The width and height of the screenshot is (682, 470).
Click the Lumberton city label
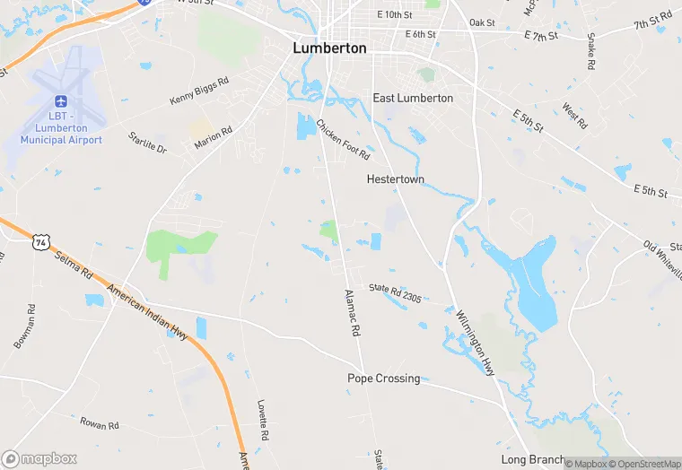click(x=329, y=48)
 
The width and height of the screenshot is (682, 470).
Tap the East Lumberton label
click(x=413, y=98)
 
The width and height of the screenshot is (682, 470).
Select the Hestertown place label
click(x=395, y=179)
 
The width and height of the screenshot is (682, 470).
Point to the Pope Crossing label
click(x=383, y=379)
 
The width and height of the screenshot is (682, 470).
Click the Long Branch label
click(x=533, y=459)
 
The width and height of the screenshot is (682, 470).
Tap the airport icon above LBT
click(x=62, y=101)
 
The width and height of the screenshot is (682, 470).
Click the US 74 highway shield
click(x=40, y=241)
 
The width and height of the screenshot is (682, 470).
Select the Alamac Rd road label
click(x=353, y=312)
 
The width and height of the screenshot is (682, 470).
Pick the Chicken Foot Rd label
click(x=342, y=139)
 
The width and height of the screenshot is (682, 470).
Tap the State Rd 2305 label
click(x=395, y=292)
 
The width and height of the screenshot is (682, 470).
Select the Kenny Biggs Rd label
click(x=198, y=90)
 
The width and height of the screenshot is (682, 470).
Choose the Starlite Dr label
click(x=147, y=143)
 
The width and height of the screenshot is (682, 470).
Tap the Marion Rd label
click(x=214, y=137)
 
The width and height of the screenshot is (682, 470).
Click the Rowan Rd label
click(x=100, y=423)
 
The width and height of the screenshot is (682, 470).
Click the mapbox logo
click(x=39, y=458)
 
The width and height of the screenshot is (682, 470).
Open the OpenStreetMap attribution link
click(x=644, y=464)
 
